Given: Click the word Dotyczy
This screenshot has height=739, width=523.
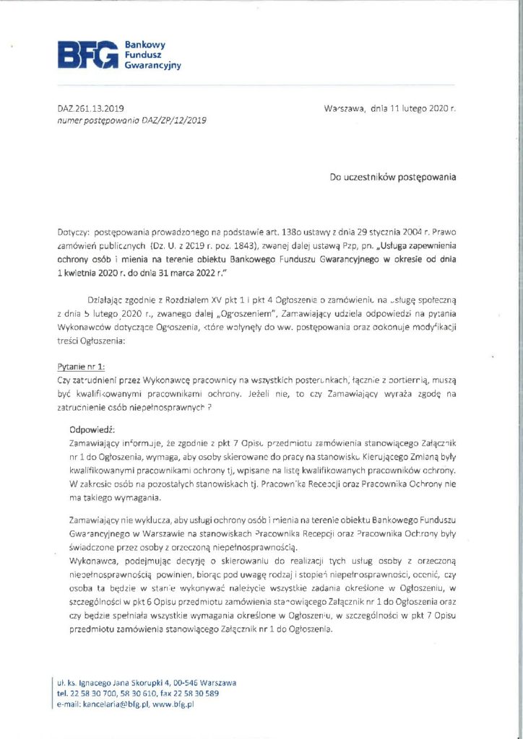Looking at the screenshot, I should tap(74, 234).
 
